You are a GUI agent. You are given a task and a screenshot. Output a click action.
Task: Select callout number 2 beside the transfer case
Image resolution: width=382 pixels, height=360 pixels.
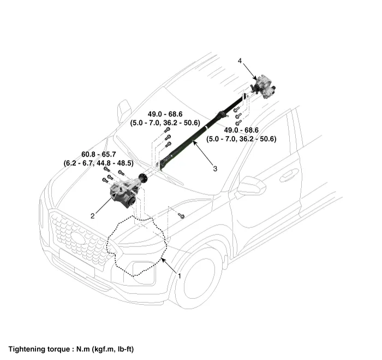[93, 216]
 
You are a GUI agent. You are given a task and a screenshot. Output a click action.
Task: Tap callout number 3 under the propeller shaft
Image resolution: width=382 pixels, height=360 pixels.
[215, 169]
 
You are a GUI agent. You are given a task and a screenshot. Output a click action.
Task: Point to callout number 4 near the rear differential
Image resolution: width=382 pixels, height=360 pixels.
[240, 61]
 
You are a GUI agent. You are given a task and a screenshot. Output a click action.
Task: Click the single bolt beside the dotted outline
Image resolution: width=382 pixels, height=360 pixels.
[182, 216]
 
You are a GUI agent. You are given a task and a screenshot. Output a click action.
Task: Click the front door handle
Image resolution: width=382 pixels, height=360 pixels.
[289, 175]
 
